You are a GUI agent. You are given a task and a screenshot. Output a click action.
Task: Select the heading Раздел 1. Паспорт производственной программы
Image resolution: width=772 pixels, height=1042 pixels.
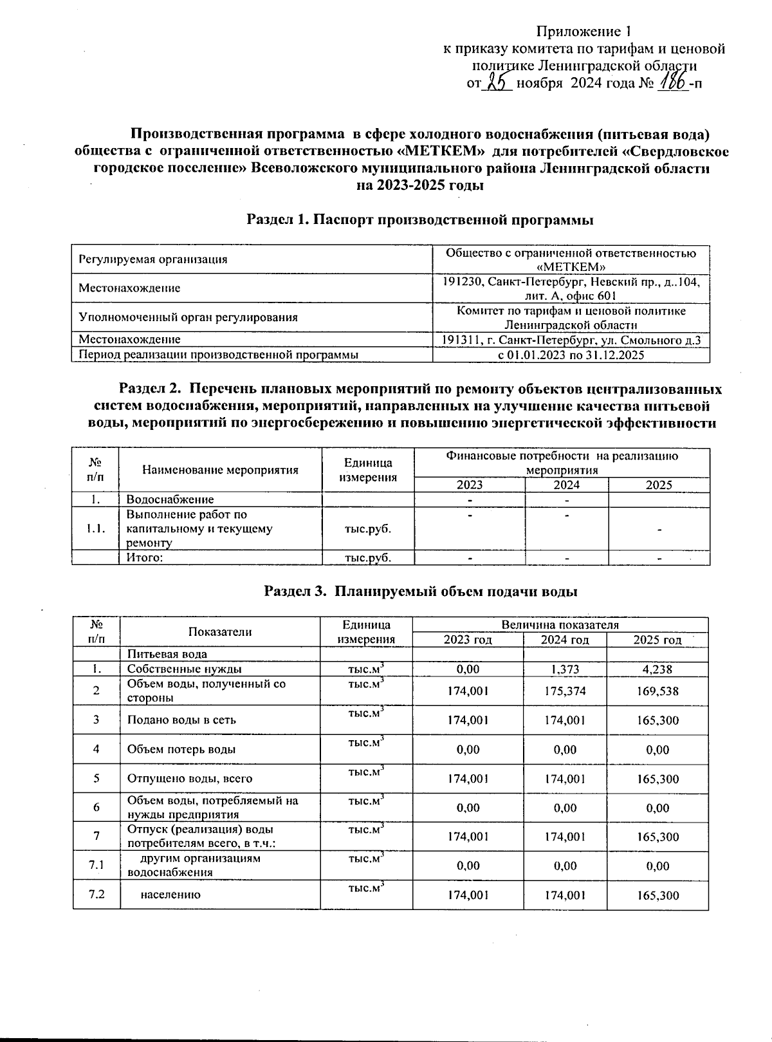pos(419,219)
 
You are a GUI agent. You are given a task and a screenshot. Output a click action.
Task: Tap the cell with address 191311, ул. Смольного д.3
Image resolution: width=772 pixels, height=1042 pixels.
pos(571,339)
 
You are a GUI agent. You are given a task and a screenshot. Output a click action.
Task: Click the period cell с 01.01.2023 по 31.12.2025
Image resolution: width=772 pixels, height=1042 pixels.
pos(571,355)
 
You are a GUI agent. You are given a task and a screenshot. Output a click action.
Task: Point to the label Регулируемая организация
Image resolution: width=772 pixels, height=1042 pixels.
pos(152,259)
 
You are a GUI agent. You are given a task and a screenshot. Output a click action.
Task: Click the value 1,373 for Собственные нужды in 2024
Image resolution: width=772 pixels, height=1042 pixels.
pos(565,669)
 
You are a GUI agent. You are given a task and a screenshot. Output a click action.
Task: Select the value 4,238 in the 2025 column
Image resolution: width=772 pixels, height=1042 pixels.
pos(657,669)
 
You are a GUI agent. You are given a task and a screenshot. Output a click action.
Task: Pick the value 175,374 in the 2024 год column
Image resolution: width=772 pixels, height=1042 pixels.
pos(565,691)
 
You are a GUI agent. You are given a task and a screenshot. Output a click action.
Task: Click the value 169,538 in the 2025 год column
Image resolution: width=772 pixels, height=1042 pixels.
pos(657,691)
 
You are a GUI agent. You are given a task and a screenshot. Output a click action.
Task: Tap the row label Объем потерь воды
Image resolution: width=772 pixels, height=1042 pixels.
pos(181,749)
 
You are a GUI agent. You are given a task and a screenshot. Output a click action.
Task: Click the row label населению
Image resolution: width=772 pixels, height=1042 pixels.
pos(170,895)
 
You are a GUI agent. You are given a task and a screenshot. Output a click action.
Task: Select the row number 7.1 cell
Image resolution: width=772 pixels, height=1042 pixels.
pos(96,866)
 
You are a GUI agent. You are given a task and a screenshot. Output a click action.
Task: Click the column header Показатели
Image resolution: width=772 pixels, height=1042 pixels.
pos(219,632)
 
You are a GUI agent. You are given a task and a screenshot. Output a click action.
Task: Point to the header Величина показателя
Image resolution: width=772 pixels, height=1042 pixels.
pos(560,624)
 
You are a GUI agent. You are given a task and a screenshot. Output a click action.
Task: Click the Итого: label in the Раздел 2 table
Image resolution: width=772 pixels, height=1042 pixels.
pos(144,558)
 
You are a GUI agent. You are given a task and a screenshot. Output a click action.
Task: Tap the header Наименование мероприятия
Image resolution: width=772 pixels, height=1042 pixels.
pos(220,470)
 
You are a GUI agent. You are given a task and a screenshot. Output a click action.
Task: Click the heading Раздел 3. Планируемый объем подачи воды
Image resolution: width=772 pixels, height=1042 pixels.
pos(421,591)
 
